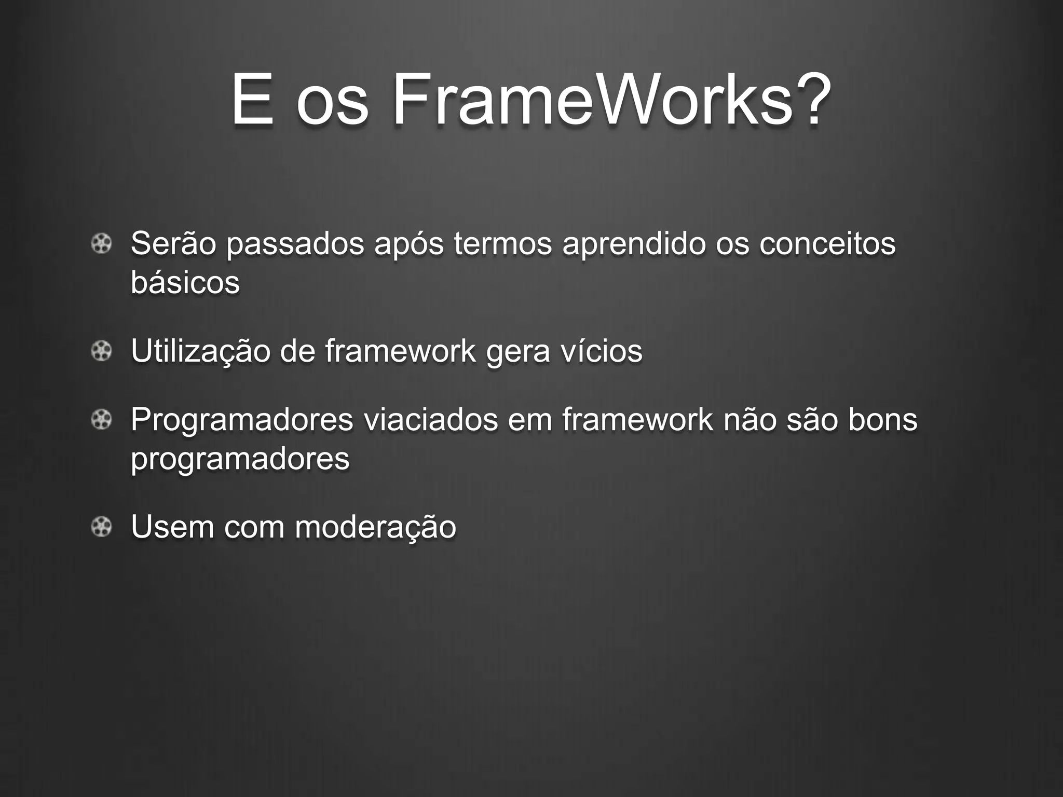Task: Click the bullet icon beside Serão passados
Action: click(x=101, y=244)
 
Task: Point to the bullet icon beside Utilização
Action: click(x=101, y=352)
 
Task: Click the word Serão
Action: click(x=173, y=243)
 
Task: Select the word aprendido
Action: click(x=634, y=243)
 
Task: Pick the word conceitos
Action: click(x=827, y=243)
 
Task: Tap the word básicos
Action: click(x=185, y=283)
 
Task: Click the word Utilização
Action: click(x=200, y=351)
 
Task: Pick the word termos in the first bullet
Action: click(x=502, y=243)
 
